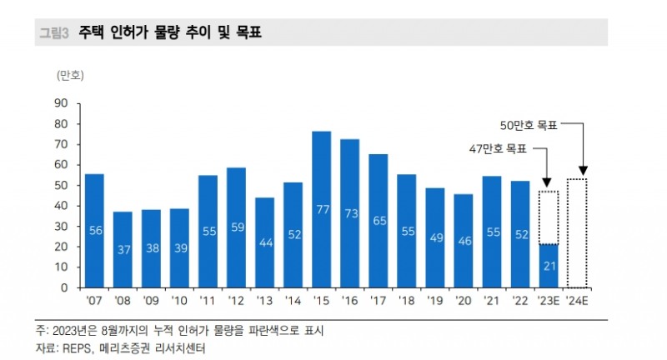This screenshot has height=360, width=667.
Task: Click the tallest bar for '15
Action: coord(322,209)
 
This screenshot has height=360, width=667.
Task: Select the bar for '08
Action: coord(123,249)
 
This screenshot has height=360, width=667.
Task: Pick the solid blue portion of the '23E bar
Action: coord(548,266)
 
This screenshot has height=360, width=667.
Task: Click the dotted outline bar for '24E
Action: coord(577,233)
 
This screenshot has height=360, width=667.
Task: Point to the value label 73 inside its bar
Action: coord(350,213)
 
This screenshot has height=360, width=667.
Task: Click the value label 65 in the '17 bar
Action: coord(379,221)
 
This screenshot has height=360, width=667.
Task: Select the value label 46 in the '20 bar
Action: coord(464,241)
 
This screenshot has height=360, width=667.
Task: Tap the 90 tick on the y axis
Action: coord(60,103)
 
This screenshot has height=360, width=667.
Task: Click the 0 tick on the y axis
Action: coord(63,287)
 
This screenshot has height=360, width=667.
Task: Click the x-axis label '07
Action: coord(94,301)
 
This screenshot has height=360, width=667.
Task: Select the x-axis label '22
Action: coord(520,301)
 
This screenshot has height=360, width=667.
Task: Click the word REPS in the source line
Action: coord(78,349)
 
